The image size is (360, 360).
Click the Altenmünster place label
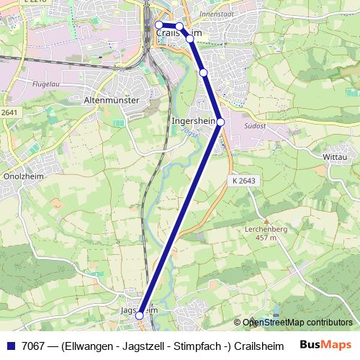(x=111, y=100)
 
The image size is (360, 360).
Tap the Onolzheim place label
(x=24, y=175)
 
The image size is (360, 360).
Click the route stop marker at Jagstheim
(x=140, y=315)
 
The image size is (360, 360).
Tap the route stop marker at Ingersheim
(x=221, y=122)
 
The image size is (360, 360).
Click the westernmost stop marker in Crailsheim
(x=159, y=24)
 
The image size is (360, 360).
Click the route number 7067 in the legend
(x=31, y=344)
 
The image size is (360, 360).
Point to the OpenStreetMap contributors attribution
(x=297, y=323)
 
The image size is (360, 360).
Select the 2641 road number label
(x=9, y=112)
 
